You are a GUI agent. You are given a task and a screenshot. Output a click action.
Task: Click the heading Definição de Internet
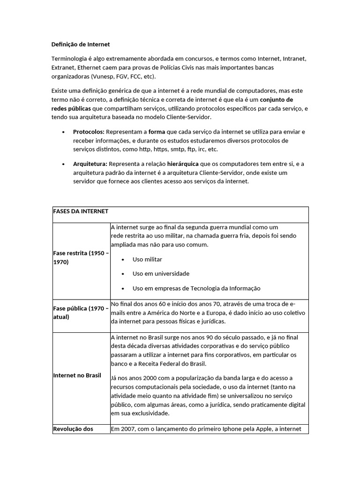pos(80,45)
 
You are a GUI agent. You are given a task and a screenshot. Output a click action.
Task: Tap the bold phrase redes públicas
pos(71,109)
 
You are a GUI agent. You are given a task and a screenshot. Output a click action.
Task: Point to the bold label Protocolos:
pos(89,132)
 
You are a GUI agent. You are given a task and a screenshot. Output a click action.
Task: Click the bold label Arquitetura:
pos(90,164)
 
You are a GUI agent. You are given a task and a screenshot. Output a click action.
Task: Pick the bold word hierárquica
pos(183,164)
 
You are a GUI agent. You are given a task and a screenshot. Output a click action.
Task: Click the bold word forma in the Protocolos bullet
pos(157,132)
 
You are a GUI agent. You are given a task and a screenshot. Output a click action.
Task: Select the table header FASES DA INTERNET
pos(81,211)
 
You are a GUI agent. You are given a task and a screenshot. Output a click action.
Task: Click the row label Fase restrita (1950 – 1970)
pos(81,258)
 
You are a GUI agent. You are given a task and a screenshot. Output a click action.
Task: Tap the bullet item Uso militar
pos(147,259)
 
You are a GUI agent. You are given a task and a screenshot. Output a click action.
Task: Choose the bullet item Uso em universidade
pos(161,274)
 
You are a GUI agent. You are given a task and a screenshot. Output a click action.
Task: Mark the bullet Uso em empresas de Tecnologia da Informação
pos(196,288)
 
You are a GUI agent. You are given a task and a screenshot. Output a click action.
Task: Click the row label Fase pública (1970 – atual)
pos(81,313)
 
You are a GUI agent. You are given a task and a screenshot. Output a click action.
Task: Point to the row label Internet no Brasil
pos(77,375)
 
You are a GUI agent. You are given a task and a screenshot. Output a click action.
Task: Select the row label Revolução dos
pos(73,429)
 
